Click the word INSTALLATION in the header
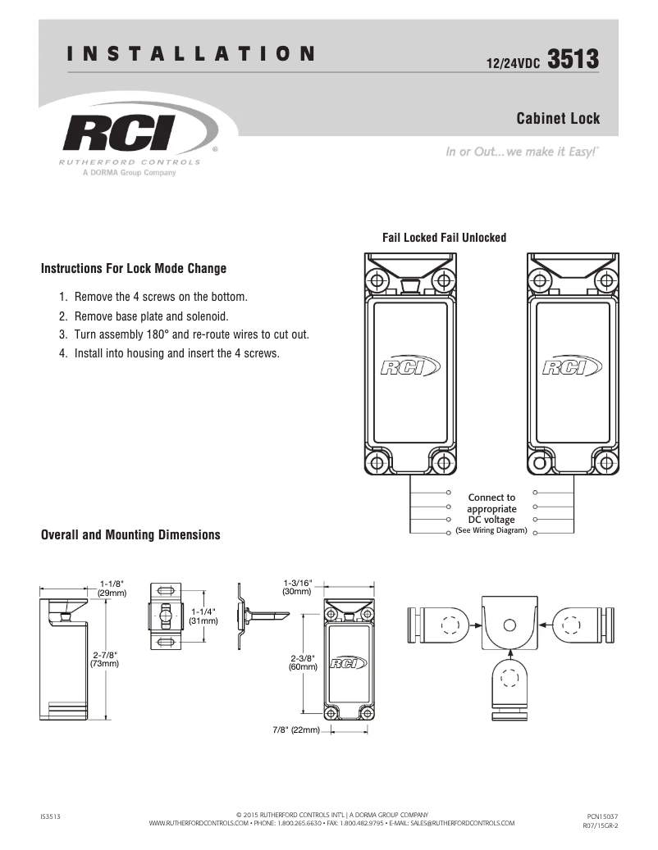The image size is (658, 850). point(191,55)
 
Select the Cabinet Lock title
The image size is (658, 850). point(558,119)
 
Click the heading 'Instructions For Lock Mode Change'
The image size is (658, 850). point(134,269)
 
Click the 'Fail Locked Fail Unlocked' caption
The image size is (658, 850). point(444,238)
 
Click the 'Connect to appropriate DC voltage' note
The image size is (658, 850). point(491,508)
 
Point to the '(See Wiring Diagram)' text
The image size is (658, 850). point(491,530)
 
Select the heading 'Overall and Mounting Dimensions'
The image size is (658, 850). point(130,535)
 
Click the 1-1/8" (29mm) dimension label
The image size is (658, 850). point(112,587)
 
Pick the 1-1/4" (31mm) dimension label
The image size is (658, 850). point(203,616)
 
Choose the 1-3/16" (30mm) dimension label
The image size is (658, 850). point(297,586)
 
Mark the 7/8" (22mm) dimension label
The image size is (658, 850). point(296,730)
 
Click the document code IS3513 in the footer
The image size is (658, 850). point(51,816)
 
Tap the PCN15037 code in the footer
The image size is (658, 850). point(602,816)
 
